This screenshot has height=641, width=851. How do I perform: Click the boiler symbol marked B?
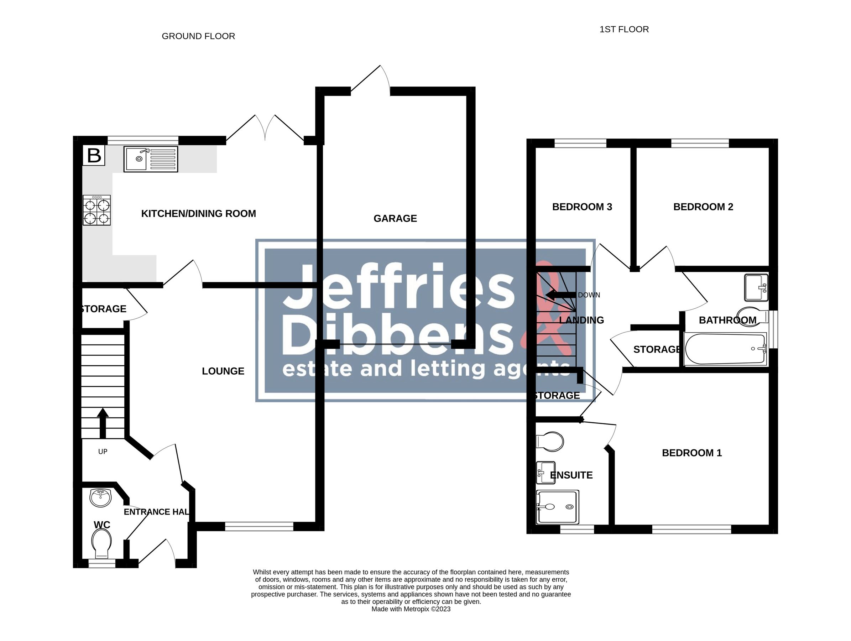click(x=94, y=156)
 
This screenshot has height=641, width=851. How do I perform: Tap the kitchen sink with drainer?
click(x=150, y=159)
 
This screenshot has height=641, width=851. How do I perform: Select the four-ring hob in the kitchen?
click(x=96, y=210)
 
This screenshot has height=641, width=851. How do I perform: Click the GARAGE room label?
click(x=395, y=219)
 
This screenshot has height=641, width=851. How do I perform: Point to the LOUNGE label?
click(x=223, y=371)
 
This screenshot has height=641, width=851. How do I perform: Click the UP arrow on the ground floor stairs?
click(x=102, y=423)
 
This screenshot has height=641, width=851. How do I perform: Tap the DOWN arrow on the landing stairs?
click(x=560, y=295)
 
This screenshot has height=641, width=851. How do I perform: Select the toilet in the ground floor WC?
click(x=101, y=543)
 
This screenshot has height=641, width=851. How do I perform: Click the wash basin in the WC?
click(x=100, y=497)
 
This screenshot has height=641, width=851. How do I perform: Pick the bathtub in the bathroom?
click(x=725, y=349)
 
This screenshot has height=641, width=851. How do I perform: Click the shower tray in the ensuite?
click(x=558, y=507)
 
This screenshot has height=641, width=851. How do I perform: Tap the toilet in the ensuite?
click(x=550, y=441)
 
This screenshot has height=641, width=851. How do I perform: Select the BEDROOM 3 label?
click(x=582, y=207)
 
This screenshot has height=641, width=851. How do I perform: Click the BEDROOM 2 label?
click(x=703, y=207)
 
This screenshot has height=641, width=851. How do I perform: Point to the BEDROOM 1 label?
click(x=692, y=453)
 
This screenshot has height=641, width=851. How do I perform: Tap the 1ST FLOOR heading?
click(x=624, y=29)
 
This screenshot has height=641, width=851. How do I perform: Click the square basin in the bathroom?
click(x=756, y=287)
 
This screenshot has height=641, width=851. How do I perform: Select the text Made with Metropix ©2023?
click(x=411, y=609)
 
